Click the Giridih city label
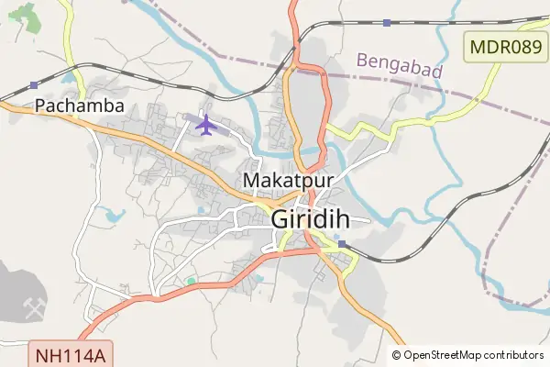tap(320, 220)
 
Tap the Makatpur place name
tap(287, 180)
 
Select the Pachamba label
tap(79, 106)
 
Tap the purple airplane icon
tap(204, 123)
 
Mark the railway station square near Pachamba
tap(34, 85)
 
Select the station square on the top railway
tap(387, 22)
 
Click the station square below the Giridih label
tap(341, 245)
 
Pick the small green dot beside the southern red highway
tap(191, 281)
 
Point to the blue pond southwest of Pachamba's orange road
tap(114, 216)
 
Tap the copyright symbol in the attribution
tap(397, 355)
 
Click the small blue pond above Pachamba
tap(66, 79)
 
